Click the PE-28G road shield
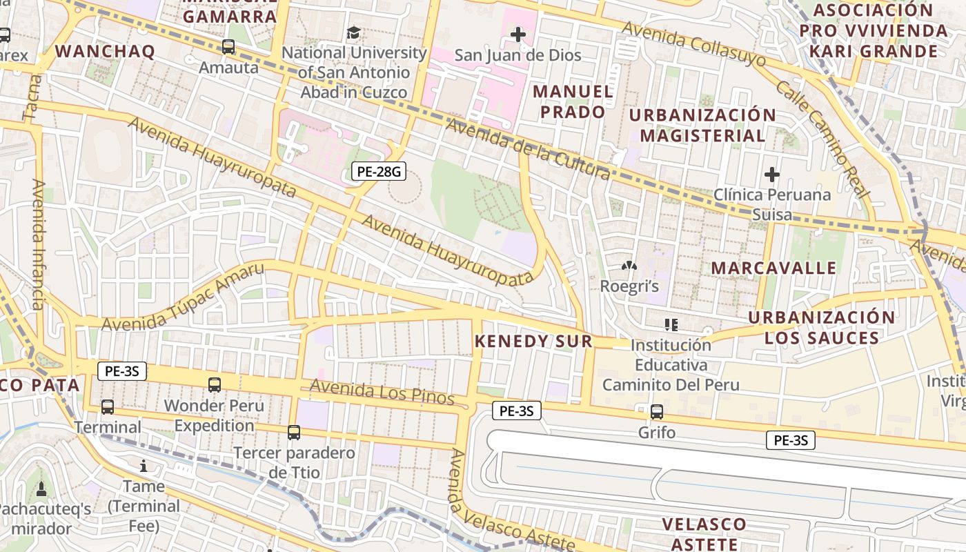tap(377, 171)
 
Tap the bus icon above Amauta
tap(228, 47)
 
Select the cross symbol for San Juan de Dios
tap(517, 34)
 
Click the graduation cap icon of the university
tap(353, 32)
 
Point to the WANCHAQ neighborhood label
tap(105, 51)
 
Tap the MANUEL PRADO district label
tap(573, 101)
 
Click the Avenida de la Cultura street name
tap(528, 148)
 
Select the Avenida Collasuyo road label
tap(693, 43)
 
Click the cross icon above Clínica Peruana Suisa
tap(771, 175)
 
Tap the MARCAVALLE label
tap(773, 268)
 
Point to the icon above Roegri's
tap(629, 266)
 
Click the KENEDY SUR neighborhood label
tap(533, 341)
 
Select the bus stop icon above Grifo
tap(656, 412)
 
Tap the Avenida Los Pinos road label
tap(382, 391)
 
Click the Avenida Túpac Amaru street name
tap(183, 297)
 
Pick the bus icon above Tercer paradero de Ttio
tap(293, 433)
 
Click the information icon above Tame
tap(144, 466)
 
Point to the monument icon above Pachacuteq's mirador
tap(41, 489)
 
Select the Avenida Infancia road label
tap(38, 245)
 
